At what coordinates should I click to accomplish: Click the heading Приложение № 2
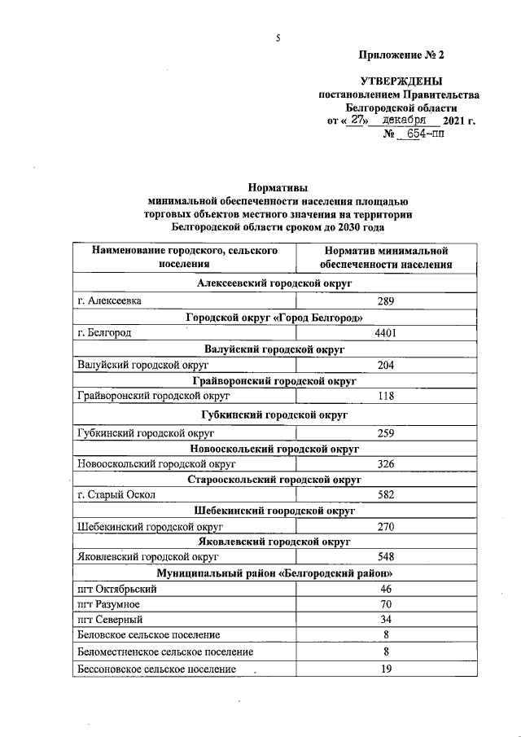pyautogui.click(x=402, y=55)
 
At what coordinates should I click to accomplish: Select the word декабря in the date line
pyautogui.click(x=406, y=121)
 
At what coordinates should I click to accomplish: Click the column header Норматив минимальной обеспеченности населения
pyautogui.click(x=386, y=257)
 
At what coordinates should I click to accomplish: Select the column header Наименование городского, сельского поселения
pyautogui.click(x=185, y=257)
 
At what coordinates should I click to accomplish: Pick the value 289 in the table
pyautogui.click(x=386, y=301)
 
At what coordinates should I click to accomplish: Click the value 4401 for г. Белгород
pyautogui.click(x=386, y=333)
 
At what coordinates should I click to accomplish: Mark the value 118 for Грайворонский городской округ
pyautogui.click(x=386, y=397)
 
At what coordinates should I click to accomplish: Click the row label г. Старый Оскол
pyautogui.click(x=115, y=494)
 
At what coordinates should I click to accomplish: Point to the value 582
pyautogui.click(x=386, y=494)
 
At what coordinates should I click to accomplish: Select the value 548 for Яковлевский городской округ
pyautogui.click(x=386, y=558)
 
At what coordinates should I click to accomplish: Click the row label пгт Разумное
pyautogui.click(x=108, y=605)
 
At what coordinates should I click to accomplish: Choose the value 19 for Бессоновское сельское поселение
pyautogui.click(x=386, y=669)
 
